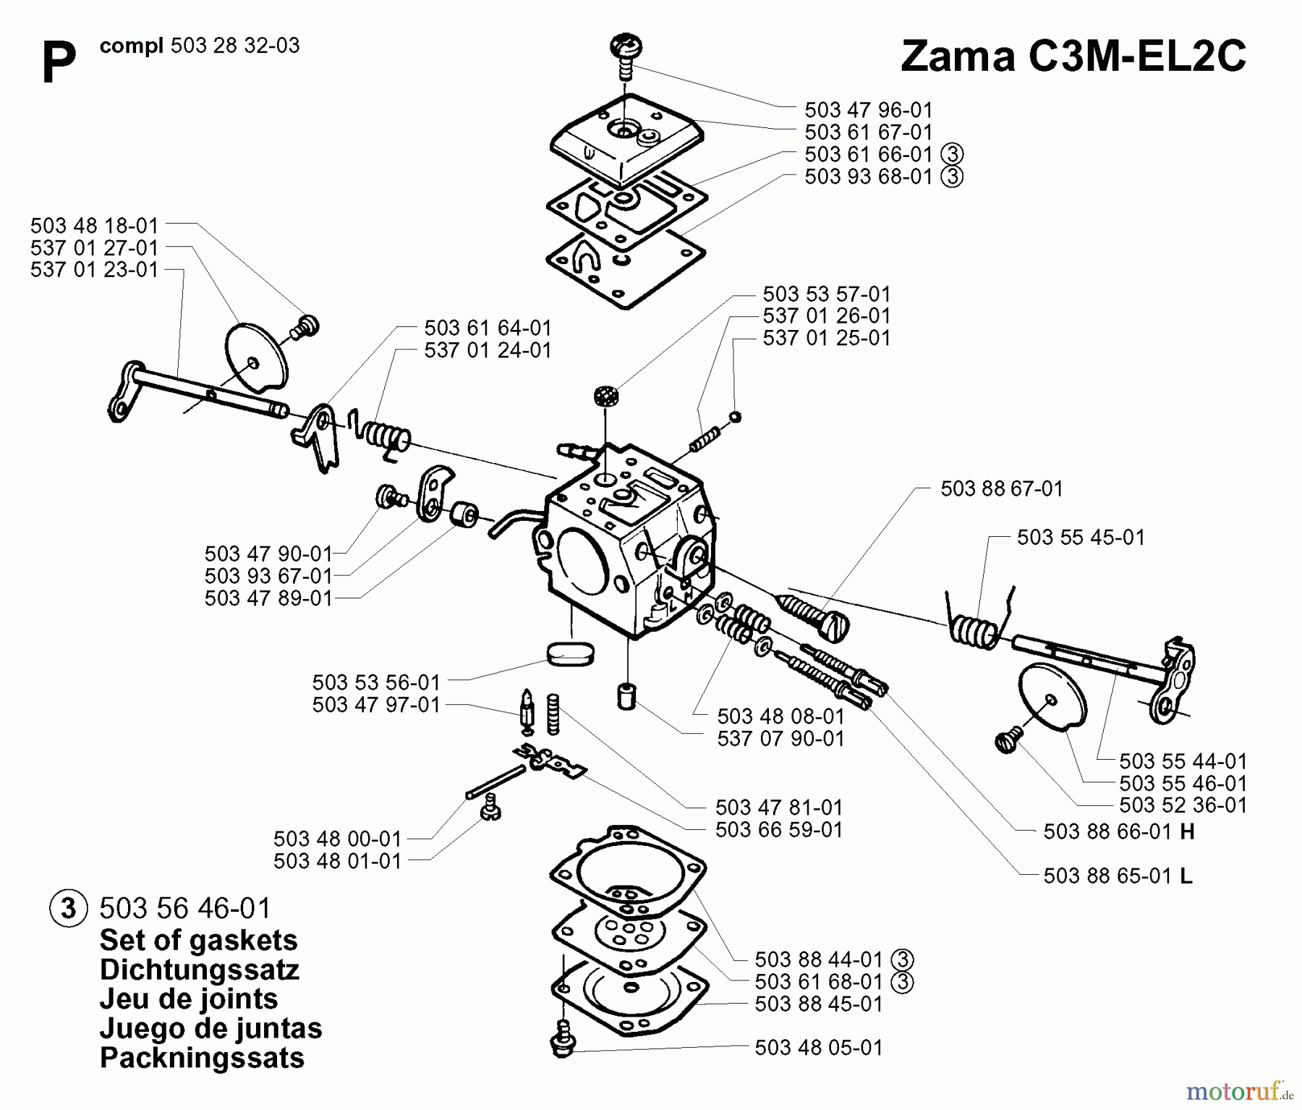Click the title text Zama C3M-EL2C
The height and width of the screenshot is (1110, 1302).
1073,56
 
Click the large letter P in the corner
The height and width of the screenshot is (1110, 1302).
59,64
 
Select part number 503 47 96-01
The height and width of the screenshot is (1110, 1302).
868,110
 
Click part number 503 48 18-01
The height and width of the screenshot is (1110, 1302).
94,225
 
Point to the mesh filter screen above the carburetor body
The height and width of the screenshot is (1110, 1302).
605,396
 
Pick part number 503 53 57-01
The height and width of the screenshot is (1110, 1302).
826,294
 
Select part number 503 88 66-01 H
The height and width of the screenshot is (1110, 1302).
1118,831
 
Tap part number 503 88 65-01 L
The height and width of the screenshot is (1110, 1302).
1118,876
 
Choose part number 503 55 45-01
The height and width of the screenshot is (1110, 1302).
1081,537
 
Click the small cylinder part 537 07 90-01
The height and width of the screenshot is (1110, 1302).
626,696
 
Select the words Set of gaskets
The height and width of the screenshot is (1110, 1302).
198,940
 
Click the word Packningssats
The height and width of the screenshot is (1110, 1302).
202,1057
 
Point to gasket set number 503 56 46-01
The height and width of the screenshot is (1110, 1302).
184,907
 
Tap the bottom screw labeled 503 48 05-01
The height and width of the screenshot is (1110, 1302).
561,1046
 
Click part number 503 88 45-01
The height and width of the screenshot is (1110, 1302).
818,1004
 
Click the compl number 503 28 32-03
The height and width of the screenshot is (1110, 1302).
235,46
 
